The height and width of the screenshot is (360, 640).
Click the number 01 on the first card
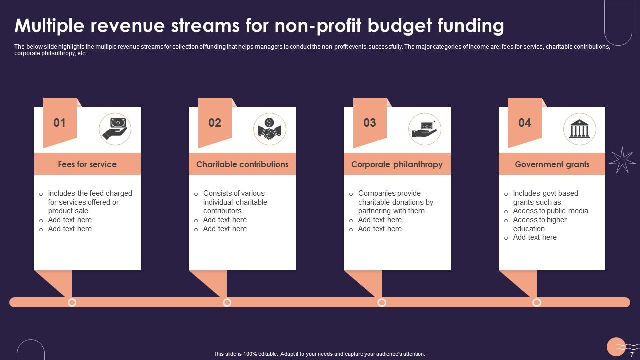(59, 123)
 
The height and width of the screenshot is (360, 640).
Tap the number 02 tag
(215, 123)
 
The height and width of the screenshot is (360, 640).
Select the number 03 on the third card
(370, 123)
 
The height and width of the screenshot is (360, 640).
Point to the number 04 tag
(525, 123)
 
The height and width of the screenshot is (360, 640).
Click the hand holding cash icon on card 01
(115, 129)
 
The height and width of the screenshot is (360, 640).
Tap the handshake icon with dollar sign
(270, 129)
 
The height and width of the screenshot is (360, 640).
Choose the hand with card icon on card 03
(425, 129)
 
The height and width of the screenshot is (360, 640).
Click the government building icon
(580, 129)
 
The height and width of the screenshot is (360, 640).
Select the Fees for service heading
(87, 164)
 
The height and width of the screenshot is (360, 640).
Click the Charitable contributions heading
(242, 164)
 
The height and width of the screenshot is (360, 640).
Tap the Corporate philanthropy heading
(397, 164)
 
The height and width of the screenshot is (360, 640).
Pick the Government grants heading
(552, 164)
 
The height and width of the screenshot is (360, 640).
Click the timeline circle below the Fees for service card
(72, 302)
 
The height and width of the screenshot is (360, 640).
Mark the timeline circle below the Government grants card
(537, 302)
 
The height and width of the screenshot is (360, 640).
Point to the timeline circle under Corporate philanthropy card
(382, 302)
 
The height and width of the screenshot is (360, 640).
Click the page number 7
(632, 354)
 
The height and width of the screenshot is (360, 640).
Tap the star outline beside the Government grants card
(622, 160)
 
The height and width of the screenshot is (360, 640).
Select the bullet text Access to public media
(550, 211)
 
